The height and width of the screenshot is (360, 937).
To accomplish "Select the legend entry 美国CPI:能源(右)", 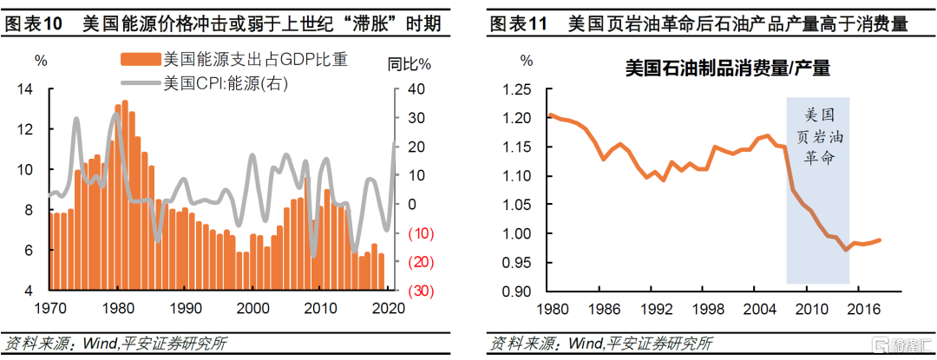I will [225, 84].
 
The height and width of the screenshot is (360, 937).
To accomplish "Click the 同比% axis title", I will [410, 63].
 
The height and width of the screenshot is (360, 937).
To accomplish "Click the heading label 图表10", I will [34, 25].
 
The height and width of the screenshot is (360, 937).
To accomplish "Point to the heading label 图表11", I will [518, 25].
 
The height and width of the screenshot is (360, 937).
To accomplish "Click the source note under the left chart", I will [116, 343].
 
